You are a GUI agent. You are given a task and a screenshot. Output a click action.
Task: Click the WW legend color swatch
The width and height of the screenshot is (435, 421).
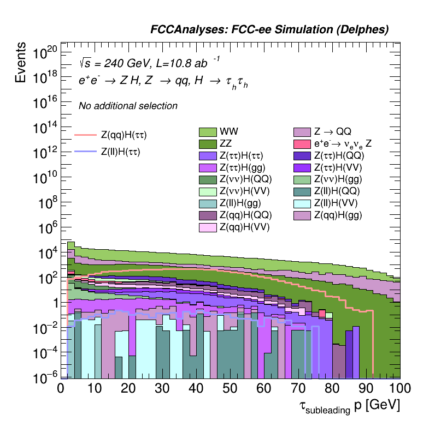(208, 132)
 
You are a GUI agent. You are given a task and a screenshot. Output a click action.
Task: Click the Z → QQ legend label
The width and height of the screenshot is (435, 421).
(332, 131)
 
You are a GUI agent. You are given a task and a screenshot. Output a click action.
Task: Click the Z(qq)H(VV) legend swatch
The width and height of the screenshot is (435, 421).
(208, 227)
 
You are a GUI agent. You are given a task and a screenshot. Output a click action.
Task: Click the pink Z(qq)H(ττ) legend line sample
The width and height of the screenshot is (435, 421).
(85, 134)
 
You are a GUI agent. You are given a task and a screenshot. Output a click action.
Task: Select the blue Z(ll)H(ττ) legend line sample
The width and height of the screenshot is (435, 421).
(85, 152)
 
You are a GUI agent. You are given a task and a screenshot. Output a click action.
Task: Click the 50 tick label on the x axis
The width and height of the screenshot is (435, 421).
(231, 388)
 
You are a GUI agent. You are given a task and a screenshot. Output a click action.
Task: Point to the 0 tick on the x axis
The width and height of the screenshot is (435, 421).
(61, 388)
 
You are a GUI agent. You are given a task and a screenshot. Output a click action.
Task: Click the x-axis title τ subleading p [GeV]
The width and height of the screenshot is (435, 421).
(349, 406)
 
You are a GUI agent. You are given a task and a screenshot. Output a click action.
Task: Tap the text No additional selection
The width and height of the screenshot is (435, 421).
(128, 106)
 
